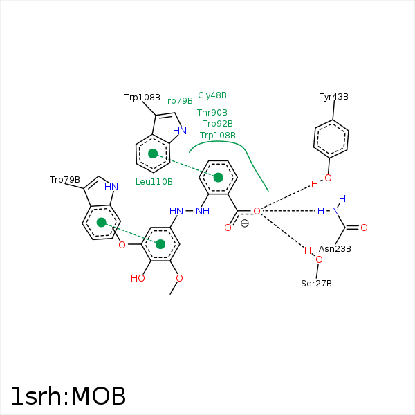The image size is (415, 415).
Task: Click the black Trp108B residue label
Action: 142,98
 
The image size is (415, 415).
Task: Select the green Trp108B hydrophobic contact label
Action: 218,136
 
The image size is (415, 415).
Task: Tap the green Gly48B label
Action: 212,95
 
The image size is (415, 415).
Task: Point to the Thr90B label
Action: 212,113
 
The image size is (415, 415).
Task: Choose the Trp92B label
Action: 218,124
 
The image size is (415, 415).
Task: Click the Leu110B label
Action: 154,182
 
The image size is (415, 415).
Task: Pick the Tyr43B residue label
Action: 334,97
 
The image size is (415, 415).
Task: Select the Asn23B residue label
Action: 335,249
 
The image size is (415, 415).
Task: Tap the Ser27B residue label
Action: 316,284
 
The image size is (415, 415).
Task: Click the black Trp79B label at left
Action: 65,180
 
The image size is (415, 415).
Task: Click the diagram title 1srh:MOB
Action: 68,396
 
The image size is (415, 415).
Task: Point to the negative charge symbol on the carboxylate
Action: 244,223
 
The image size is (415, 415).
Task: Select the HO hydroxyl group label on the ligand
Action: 138,279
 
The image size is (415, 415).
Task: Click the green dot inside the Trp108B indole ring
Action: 153,153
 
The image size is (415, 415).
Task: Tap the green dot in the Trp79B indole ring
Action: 101,222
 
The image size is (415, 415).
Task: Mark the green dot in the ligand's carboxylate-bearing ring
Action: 219,178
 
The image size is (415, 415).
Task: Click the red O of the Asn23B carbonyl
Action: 364,228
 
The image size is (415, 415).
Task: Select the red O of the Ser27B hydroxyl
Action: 319,259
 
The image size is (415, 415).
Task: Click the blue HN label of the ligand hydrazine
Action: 176,211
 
